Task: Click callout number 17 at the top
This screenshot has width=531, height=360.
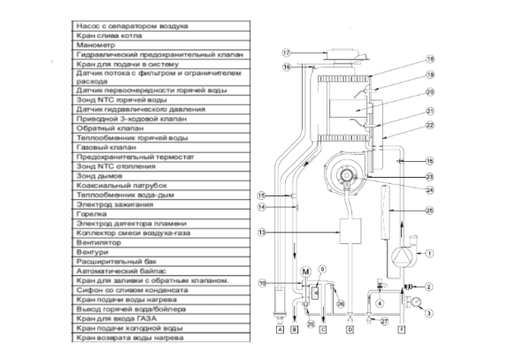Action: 287,52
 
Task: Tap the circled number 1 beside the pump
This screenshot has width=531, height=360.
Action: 428,254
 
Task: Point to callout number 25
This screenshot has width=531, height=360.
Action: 430,211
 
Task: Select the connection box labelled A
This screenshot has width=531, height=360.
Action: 280,329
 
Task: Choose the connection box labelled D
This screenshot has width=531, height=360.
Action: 350,329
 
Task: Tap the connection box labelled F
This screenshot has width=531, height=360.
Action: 404,329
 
